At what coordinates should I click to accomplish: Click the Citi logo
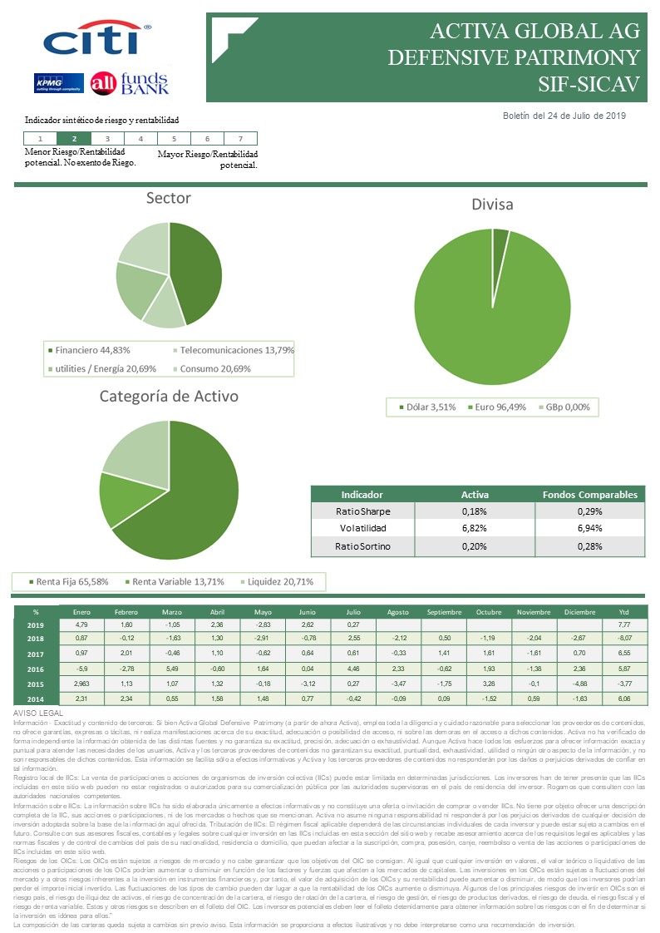click(96, 40)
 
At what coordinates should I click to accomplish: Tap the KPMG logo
click(57, 83)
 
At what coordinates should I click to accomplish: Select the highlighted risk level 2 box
click(75, 139)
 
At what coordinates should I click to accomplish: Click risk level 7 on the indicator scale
click(240, 139)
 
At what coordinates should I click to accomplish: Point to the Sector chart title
click(168, 198)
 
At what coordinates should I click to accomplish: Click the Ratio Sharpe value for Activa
click(474, 511)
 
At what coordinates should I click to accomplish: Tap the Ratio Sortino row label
click(362, 547)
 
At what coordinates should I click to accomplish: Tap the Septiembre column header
click(444, 611)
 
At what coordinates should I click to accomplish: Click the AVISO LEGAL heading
click(38, 714)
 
